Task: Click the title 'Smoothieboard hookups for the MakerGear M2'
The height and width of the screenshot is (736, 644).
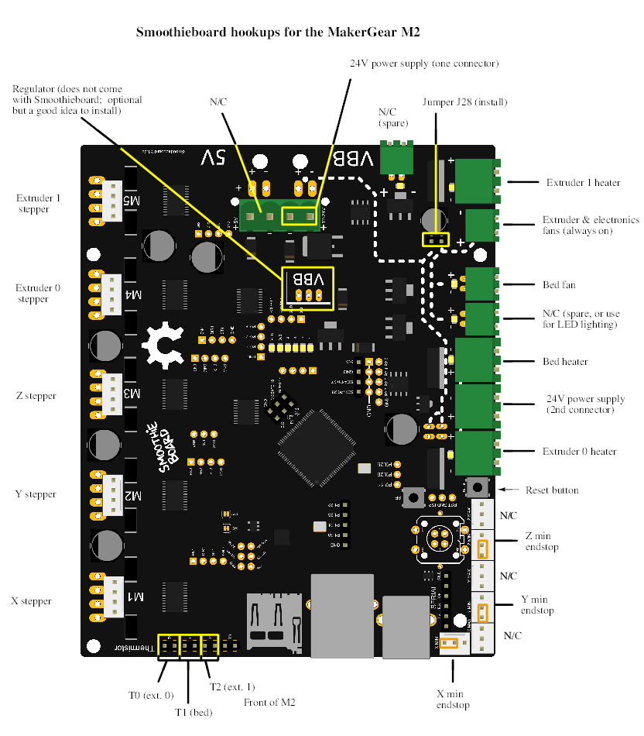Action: (279, 33)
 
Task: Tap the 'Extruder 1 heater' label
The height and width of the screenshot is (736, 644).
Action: (583, 183)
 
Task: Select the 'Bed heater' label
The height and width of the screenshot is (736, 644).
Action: (565, 362)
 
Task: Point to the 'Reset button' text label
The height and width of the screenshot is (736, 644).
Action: (552, 490)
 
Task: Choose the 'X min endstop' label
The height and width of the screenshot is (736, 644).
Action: (453, 699)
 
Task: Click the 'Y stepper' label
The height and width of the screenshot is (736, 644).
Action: (36, 494)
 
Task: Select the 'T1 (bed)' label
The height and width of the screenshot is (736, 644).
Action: (193, 712)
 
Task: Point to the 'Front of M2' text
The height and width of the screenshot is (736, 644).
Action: (269, 703)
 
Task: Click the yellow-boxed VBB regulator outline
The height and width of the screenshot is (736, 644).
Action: (308, 288)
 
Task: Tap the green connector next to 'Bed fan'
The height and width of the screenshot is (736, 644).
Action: (481, 284)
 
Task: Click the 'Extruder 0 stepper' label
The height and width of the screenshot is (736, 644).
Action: (39, 294)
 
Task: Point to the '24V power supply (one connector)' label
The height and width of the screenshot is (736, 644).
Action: (424, 63)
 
